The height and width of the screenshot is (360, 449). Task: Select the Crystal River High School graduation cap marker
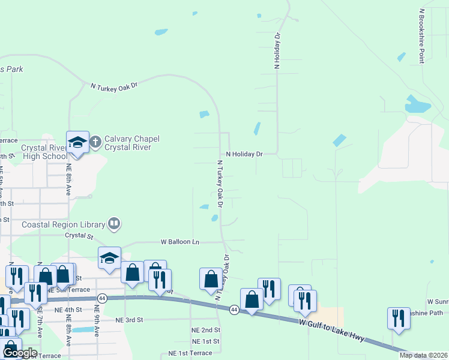(77, 142)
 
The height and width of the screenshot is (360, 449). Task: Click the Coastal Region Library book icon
(114, 224)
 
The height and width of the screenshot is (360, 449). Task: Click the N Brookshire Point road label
(422, 36)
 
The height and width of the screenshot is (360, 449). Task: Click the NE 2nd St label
(206, 330)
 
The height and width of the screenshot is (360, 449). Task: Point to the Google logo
(20, 352)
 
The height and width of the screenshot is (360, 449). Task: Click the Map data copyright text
(423, 355)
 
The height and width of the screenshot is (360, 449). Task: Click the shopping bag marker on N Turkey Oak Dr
(211, 279)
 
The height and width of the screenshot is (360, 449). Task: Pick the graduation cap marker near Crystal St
(110, 258)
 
